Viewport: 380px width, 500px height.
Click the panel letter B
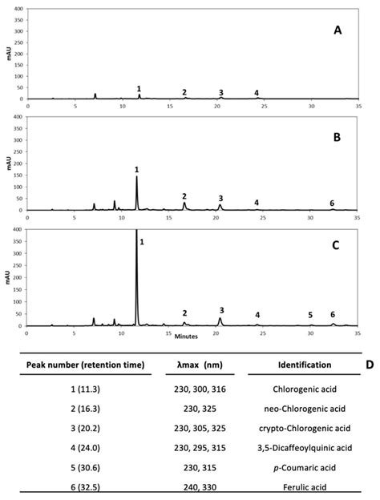[338, 137]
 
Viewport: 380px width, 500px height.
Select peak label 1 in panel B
[137, 169]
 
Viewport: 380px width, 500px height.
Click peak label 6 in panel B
[332, 203]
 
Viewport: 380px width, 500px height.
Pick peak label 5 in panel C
[310, 315]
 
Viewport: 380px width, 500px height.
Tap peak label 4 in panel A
[257, 93]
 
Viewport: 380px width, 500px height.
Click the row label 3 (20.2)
[85, 428]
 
